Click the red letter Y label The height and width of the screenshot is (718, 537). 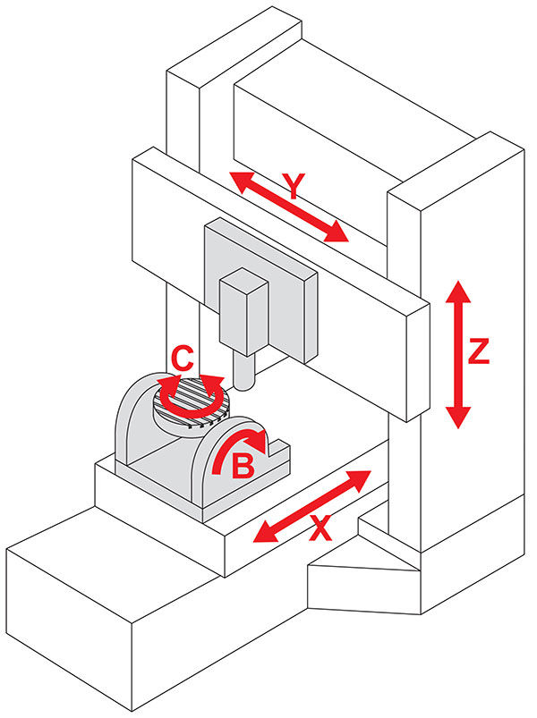[293, 187]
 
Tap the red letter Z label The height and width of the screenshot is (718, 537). [479, 352]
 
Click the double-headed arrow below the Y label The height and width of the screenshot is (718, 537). [288, 207]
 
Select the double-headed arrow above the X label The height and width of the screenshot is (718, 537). [312, 505]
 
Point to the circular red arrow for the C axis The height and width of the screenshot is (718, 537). [189, 393]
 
